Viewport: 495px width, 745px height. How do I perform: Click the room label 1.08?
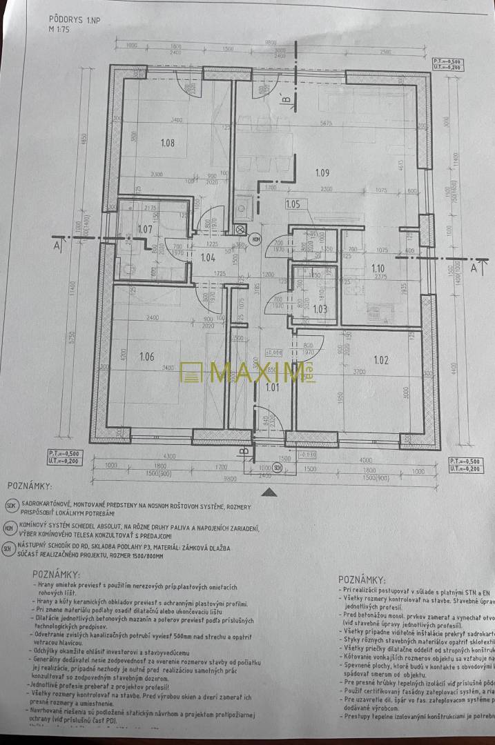[x=167, y=143]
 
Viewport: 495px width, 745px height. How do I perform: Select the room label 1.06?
[x=146, y=357]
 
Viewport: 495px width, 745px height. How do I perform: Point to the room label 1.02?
[x=382, y=359]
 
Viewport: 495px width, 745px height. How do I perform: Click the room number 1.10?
[x=378, y=269]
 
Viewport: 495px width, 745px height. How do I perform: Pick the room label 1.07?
[x=144, y=229]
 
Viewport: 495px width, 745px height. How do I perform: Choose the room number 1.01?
[x=273, y=387]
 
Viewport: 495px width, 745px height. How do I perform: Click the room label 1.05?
[x=293, y=204]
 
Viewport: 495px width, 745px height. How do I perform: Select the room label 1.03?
[x=320, y=310]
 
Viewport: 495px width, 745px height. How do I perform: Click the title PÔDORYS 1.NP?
[x=74, y=21]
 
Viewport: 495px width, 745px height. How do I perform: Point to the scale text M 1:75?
[x=61, y=31]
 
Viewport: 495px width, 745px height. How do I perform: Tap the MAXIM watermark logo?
[x=242, y=372]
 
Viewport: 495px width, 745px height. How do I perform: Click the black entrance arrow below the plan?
[x=271, y=491]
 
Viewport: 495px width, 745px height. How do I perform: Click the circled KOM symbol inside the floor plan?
[x=256, y=239]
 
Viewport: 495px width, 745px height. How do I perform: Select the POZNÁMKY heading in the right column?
[x=362, y=580]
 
